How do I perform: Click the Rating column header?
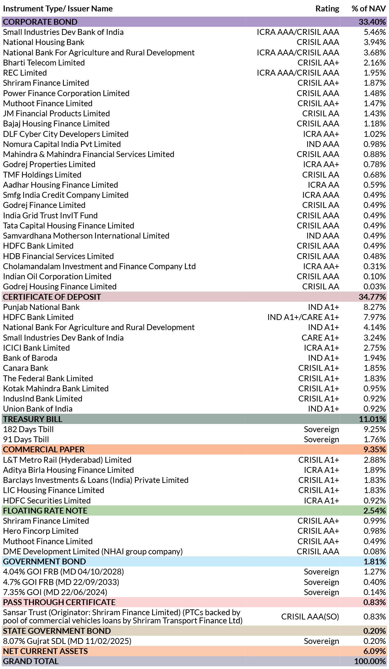327,9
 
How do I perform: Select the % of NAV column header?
368,9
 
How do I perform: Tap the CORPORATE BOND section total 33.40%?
372,22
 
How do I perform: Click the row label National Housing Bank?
44,42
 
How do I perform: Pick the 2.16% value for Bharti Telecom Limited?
375,63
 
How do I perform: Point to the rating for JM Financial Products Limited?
321,114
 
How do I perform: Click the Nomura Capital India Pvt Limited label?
62,144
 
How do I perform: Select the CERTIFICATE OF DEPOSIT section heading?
52,297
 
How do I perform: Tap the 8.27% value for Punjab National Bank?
375,307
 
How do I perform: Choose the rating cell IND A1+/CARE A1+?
303,317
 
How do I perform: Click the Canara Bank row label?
26,368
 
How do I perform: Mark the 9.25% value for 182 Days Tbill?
375,429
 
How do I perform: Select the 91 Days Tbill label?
26,440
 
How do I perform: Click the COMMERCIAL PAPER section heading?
44,450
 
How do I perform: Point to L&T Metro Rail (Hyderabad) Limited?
67,460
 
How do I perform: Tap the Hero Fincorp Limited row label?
41,531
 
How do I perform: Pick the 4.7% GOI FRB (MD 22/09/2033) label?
61,582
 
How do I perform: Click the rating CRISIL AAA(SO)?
310,617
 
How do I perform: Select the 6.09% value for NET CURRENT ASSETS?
375,651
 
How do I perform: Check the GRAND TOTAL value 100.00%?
370,662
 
